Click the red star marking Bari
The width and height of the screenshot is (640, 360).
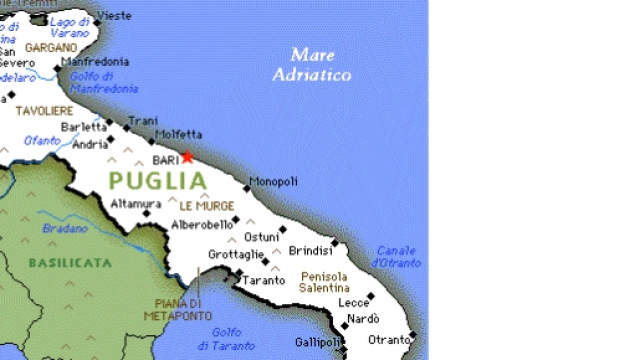click(187, 157)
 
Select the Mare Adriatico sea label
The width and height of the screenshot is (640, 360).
click(312, 64)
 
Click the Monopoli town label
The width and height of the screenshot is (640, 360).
click(273, 181)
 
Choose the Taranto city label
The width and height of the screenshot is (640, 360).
click(263, 281)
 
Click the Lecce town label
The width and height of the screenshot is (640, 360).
click(354, 302)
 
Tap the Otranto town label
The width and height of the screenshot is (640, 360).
click(389, 340)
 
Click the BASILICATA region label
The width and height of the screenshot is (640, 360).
click(69, 262)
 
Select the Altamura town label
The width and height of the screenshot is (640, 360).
click(136, 204)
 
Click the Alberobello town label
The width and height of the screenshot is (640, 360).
click(202, 225)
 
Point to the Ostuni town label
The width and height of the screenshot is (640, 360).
click(261, 237)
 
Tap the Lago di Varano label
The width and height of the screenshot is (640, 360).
click(68, 27)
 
